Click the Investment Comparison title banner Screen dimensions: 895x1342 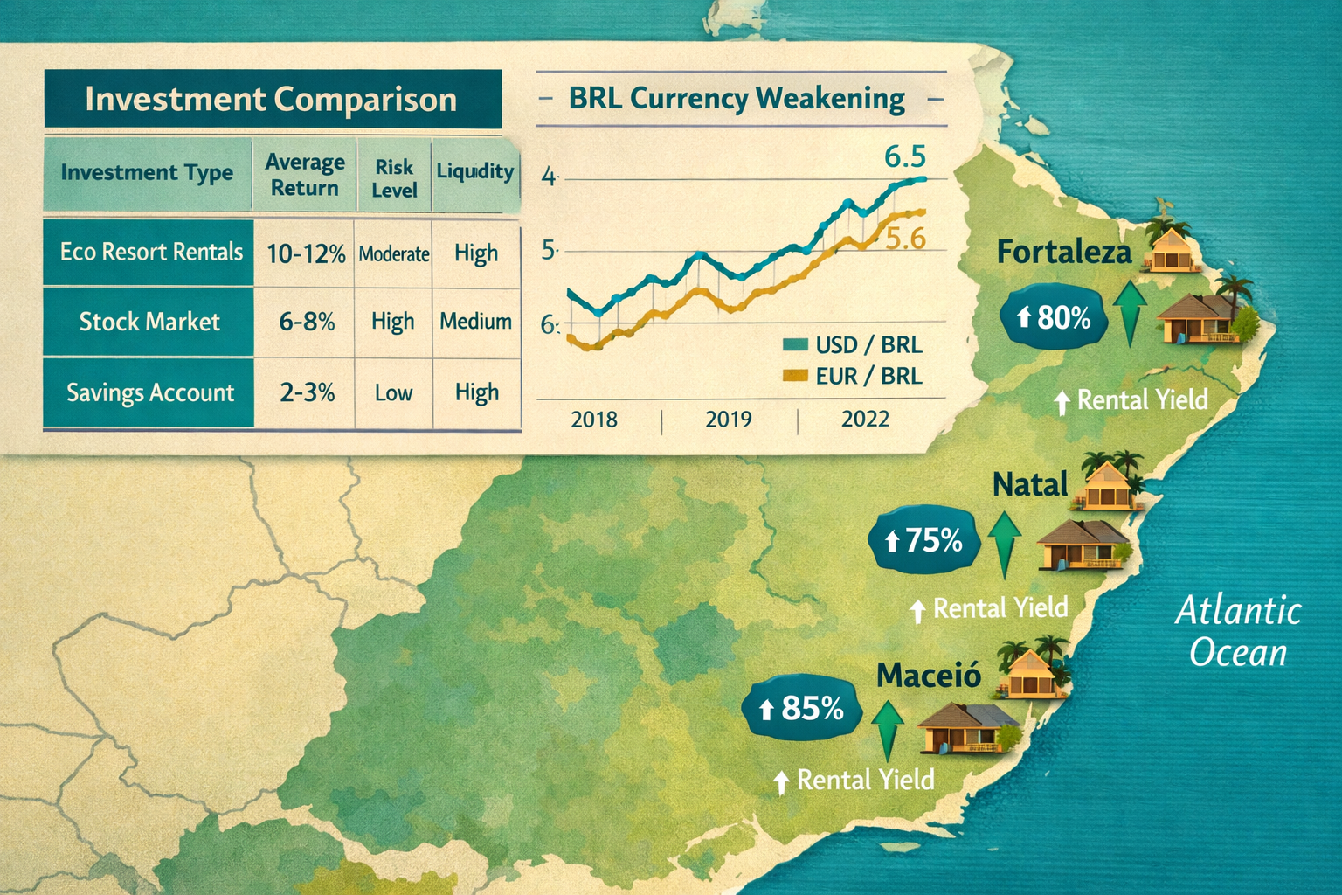[x=272, y=100]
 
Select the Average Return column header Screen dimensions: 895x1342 [x=305, y=175]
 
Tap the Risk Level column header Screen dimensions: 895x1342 [x=394, y=178]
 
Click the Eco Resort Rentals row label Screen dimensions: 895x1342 [x=150, y=253]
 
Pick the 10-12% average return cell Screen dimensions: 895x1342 [x=306, y=254]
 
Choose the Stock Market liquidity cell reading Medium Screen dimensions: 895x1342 [x=475, y=322]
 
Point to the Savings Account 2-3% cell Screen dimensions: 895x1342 [x=307, y=392]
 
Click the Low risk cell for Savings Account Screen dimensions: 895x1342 [x=393, y=393]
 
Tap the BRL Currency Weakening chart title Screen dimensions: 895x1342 [x=737, y=98]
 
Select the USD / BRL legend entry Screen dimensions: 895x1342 [x=854, y=345]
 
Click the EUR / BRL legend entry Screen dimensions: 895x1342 [x=854, y=377]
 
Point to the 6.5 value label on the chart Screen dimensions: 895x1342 [x=904, y=156]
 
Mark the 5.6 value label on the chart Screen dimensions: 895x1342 [x=906, y=238]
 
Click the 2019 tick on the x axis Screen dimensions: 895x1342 [x=729, y=420]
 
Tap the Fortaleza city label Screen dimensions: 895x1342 [x=1063, y=253]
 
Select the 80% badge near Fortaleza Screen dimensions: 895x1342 [x=1053, y=318]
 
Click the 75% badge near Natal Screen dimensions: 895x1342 [x=923, y=541]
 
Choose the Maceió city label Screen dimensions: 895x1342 [x=929, y=675]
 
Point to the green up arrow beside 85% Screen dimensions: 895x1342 [x=887, y=729]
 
